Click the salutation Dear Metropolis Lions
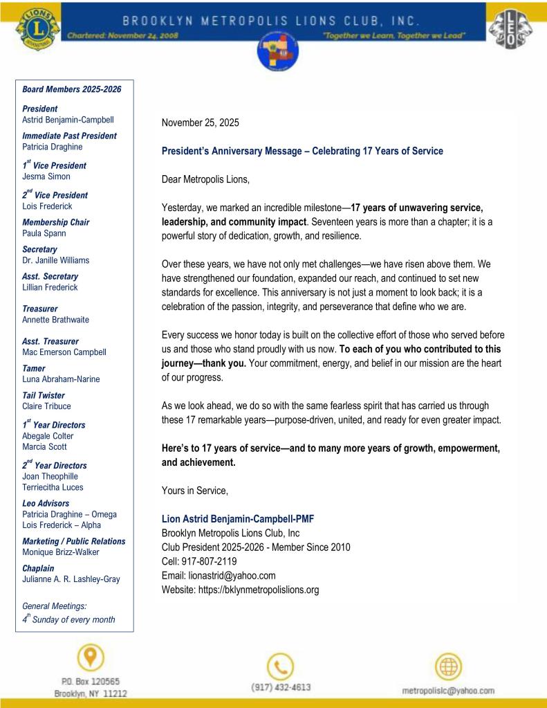click(205, 179)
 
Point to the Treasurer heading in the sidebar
click(40, 309)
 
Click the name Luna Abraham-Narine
click(61, 379)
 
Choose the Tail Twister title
click(44, 396)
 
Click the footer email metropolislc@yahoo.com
click(448, 691)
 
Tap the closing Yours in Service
click(194, 490)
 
